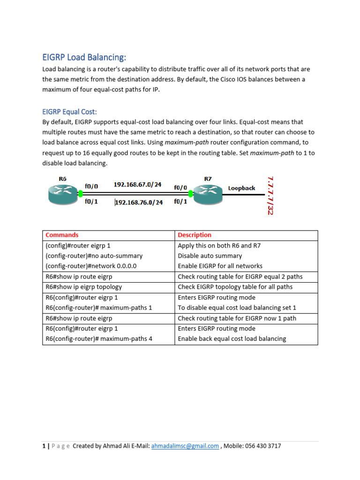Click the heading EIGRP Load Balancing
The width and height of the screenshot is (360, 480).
(x=84, y=57)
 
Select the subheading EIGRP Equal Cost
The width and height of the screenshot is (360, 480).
(x=69, y=112)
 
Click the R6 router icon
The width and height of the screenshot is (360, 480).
(x=63, y=193)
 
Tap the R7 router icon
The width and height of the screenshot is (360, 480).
(x=208, y=193)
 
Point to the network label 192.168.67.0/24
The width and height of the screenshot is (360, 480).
(x=137, y=185)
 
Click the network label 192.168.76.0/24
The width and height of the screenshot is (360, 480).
(x=139, y=202)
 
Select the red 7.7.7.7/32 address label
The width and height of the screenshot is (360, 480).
(x=270, y=195)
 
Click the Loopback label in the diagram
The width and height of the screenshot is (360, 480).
(x=241, y=188)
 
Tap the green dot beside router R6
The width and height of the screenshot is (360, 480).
(x=81, y=193)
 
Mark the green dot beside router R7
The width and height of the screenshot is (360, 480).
(x=191, y=193)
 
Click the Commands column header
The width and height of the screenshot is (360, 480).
(x=62, y=235)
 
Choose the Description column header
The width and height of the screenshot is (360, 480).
(x=195, y=235)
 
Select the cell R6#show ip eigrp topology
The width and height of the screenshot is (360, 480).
(x=83, y=287)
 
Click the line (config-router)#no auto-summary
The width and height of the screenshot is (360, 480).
(x=94, y=256)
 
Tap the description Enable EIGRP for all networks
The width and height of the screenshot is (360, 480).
(x=220, y=266)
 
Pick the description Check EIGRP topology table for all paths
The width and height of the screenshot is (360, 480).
(x=235, y=287)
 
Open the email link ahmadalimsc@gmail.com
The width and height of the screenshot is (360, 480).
(x=185, y=446)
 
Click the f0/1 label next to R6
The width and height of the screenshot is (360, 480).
(x=91, y=202)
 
